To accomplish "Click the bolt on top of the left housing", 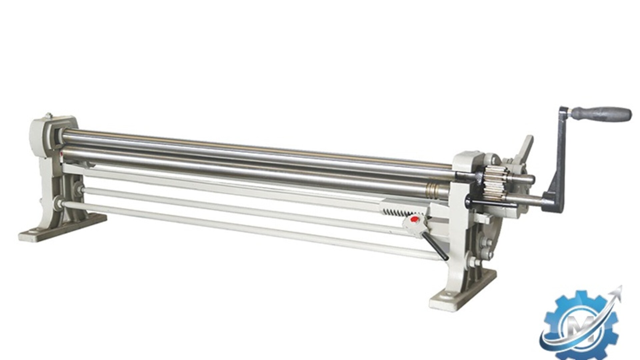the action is (50, 116).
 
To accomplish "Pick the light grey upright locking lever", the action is (523, 152).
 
